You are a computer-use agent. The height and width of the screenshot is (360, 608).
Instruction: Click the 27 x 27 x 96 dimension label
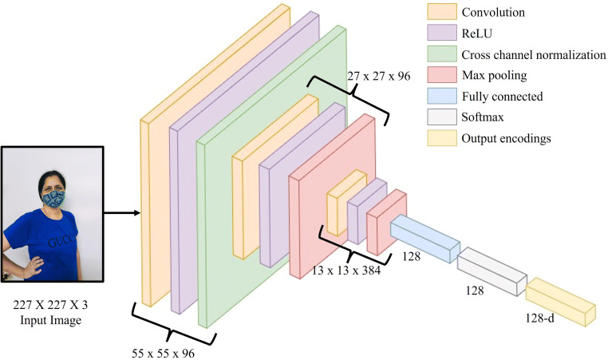(377, 77)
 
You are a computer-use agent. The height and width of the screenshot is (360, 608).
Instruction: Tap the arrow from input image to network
(124, 213)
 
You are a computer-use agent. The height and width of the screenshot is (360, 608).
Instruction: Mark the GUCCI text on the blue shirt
(61, 240)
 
